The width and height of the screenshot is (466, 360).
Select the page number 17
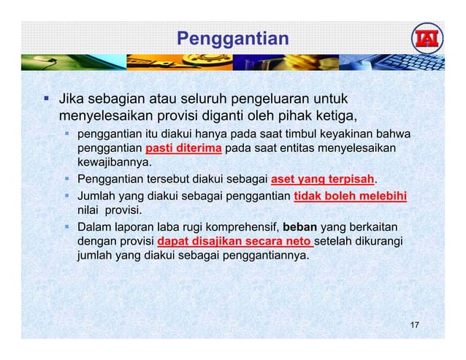pos(414,325)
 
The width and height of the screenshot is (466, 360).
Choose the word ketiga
pos(335,115)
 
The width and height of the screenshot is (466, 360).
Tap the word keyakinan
pos(353,134)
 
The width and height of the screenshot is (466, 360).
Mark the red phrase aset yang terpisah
pos(322,180)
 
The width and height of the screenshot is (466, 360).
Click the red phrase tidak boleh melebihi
pos(350,195)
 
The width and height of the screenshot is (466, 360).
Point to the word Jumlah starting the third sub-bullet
pos(98,195)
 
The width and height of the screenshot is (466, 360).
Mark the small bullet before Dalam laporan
pos(66,226)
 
